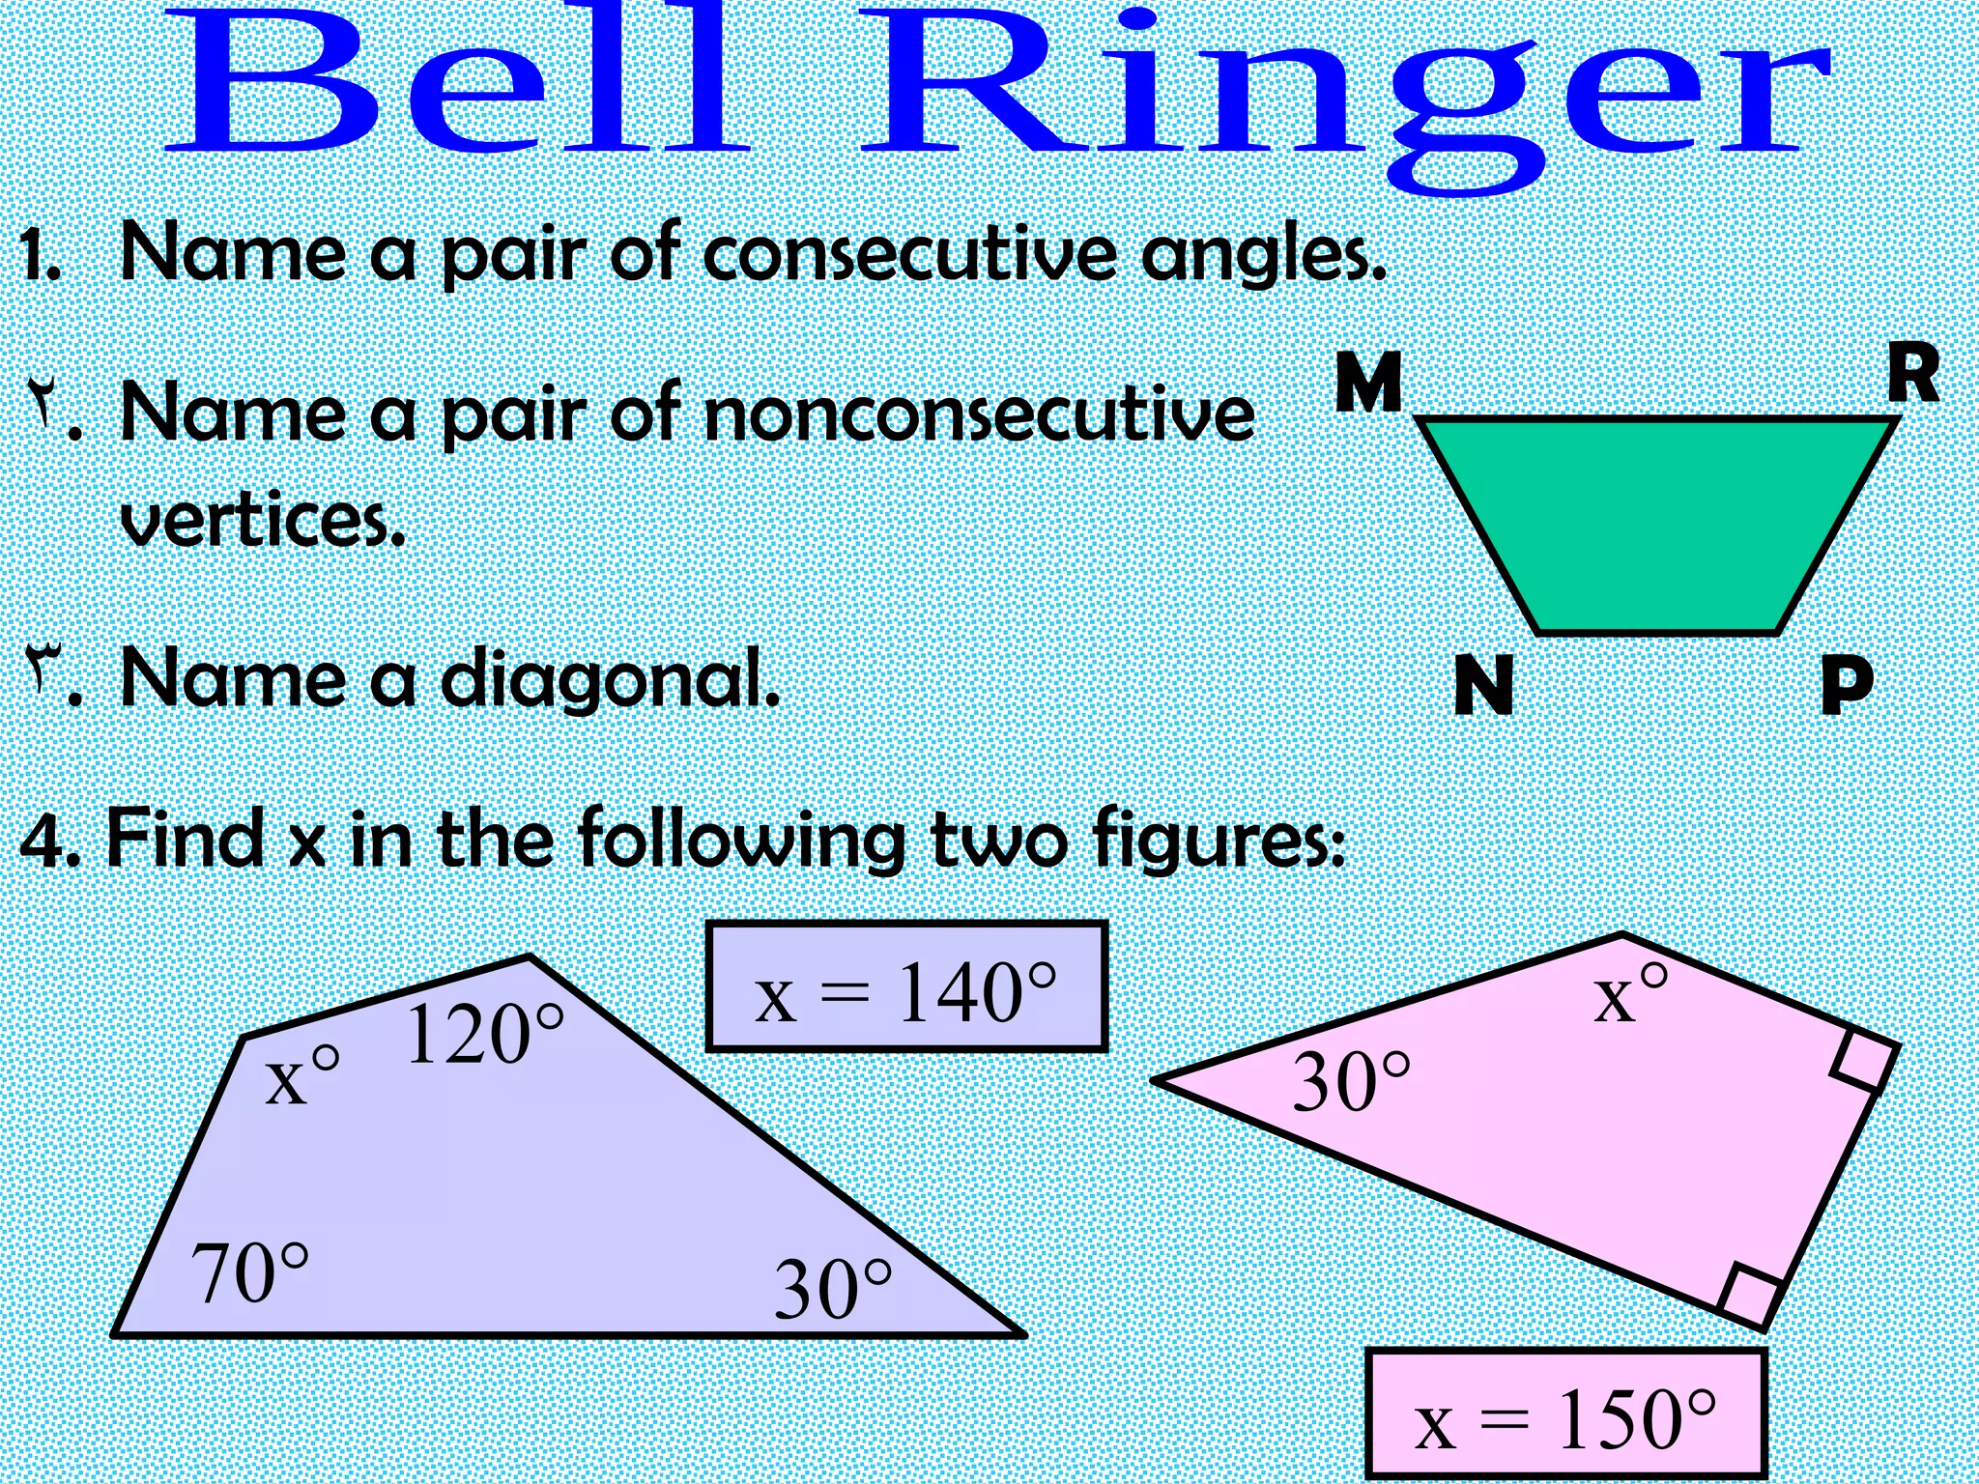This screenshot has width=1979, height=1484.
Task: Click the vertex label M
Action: tap(1368, 382)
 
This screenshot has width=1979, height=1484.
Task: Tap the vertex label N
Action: tap(1483, 685)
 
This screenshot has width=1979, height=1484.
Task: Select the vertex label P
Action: tap(1847, 685)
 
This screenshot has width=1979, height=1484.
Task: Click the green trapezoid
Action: tap(1654, 522)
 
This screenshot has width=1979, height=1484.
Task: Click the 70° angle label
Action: tap(250, 1273)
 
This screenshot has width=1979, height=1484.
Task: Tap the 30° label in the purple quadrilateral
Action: tap(833, 1289)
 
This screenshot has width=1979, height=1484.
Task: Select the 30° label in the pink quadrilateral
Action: tap(1351, 1082)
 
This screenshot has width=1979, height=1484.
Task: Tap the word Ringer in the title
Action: tap(1343, 97)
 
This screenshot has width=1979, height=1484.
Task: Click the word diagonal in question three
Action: tap(609, 678)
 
